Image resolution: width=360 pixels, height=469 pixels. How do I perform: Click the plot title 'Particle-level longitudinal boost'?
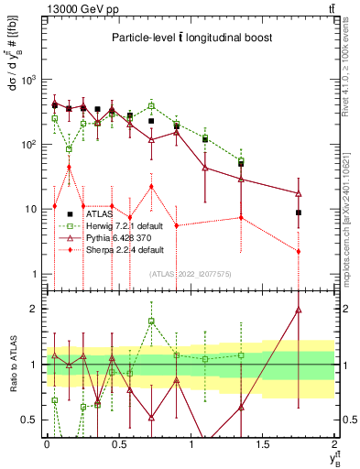point(190,38)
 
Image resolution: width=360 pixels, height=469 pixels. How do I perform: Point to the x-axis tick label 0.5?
point(118,444)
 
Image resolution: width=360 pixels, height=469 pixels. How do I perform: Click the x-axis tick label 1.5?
point(262,444)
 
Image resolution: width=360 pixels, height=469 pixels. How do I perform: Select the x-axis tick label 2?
point(334,444)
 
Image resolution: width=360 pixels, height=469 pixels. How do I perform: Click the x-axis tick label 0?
point(47,444)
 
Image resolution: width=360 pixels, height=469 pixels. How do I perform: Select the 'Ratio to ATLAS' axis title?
point(12,364)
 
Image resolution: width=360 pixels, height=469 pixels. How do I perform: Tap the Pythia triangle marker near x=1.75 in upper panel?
point(299,193)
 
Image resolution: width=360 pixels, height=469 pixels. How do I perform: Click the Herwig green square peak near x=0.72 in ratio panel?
point(151,321)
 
